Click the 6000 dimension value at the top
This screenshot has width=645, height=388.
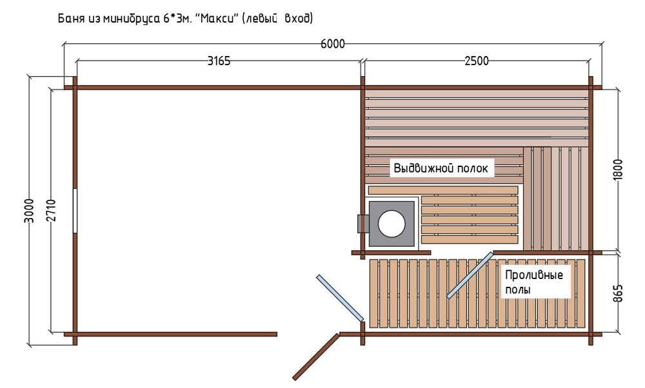[x=332, y=44]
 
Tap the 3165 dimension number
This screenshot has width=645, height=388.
[x=219, y=61]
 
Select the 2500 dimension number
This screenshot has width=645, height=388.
[x=477, y=61]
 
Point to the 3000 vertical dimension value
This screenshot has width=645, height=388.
[x=29, y=211]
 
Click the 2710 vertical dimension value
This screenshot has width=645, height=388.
[x=51, y=211]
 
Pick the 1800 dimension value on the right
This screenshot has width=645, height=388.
[x=618, y=170]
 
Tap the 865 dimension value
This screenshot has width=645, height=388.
[x=618, y=293]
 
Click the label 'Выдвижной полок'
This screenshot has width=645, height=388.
[x=441, y=168]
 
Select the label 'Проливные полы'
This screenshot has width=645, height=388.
[x=534, y=282]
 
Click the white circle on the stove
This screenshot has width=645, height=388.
[x=392, y=224]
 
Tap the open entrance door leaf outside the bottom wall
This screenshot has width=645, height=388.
[x=316, y=357]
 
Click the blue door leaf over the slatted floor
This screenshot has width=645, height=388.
[x=470, y=275]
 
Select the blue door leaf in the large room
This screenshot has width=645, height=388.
[x=340, y=298]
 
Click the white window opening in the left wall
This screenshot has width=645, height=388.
[x=75, y=211]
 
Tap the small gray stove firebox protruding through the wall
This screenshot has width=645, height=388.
[x=362, y=224]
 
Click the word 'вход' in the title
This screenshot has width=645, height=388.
[x=298, y=19]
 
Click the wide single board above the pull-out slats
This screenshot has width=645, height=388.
[x=443, y=190]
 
